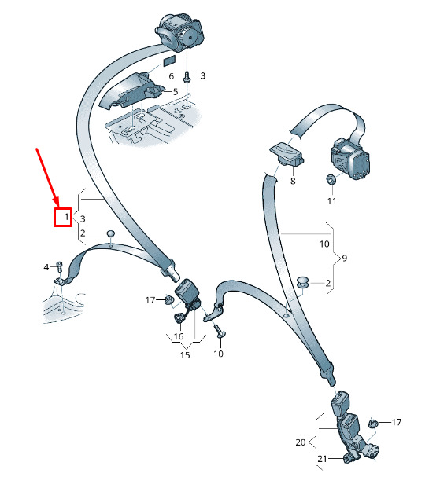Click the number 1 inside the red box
tap(66, 217)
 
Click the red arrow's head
tap(56, 201)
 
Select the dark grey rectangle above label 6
tap(170, 61)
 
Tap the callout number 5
tap(176, 91)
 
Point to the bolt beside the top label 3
tap(187, 76)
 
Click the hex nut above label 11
tap(331, 179)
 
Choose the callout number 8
tap(293, 181)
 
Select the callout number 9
tap(344, 258)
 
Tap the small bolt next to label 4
tap(59, 267)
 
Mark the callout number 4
tap(46, 267)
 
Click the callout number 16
tap(179, 336)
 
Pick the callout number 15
tap(185, 355)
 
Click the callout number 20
tap(301, 442)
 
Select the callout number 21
tap(322, 459)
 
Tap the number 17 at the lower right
tap(397, 422)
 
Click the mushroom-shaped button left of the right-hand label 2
tap(302, 281)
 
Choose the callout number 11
tap(332, 201)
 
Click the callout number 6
tap(171, 76)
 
